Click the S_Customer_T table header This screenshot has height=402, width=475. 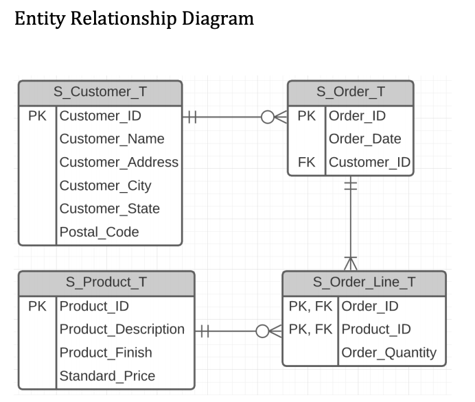click(100, 92)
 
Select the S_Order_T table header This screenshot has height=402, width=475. click(350, 92)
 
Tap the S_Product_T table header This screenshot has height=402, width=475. click(106, 282)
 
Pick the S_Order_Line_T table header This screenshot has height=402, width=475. click(364, 282)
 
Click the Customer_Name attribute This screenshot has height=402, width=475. click(112, 139)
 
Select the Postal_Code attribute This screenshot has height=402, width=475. click(99, 232)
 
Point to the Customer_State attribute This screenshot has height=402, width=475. click(109, 209)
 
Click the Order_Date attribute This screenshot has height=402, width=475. click(364, 139)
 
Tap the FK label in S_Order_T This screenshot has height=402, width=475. click(306, 162)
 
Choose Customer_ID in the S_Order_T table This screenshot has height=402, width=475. click(369, 162)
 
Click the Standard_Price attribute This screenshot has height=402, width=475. click(107, 376)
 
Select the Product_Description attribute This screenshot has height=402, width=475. click(121, 329)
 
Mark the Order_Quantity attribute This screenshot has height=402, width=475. click(389, 353)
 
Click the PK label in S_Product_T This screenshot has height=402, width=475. click(37, 306)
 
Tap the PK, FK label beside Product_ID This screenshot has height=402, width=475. click(310, 329)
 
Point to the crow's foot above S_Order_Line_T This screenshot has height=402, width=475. click(351, 263)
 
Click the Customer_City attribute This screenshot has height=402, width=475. click(105, 185)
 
